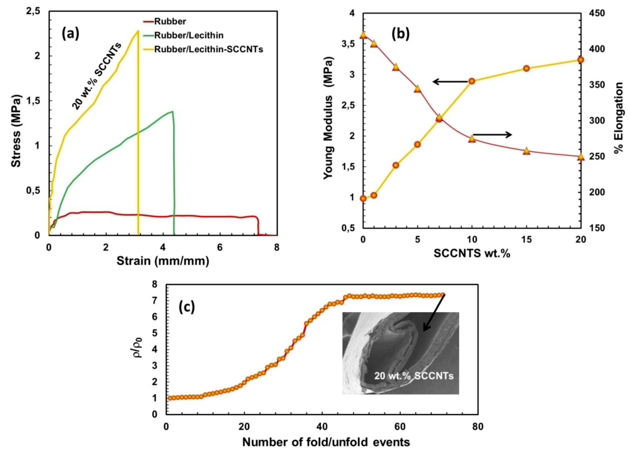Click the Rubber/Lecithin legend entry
188,35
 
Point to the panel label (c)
186,308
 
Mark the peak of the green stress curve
172,112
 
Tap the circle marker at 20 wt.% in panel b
581,60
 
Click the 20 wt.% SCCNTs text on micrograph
414,376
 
